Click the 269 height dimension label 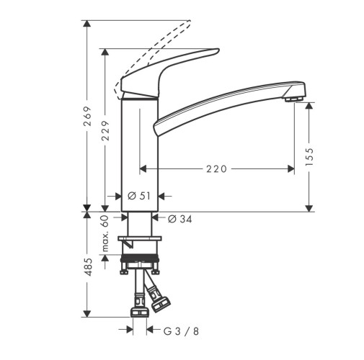tap(87, 116)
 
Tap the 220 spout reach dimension tap(216, 169)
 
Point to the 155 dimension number tap(310, 157)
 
